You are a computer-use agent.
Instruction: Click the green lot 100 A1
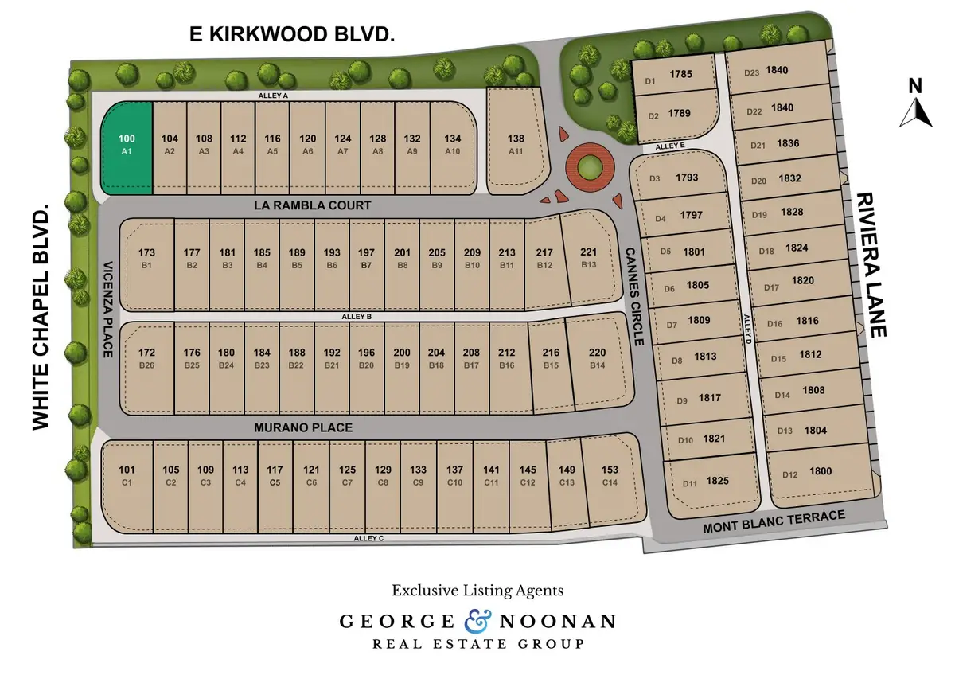[x=127, y=148]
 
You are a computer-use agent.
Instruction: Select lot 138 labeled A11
[x=516, y=143]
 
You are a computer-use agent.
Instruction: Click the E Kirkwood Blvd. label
[x=292, y=34]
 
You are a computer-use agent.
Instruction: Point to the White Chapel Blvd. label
[x=41, y=317]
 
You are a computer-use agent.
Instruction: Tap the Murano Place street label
[x=302, y=427]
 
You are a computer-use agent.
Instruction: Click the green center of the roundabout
[x=590, y=167]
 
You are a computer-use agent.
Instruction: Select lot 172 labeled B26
[x=146, y=358]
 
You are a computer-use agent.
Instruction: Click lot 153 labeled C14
[x=610, y=475]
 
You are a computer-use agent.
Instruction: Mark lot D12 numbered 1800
[x=808, y=473]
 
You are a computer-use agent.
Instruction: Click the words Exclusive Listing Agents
[x=477, y=591]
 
